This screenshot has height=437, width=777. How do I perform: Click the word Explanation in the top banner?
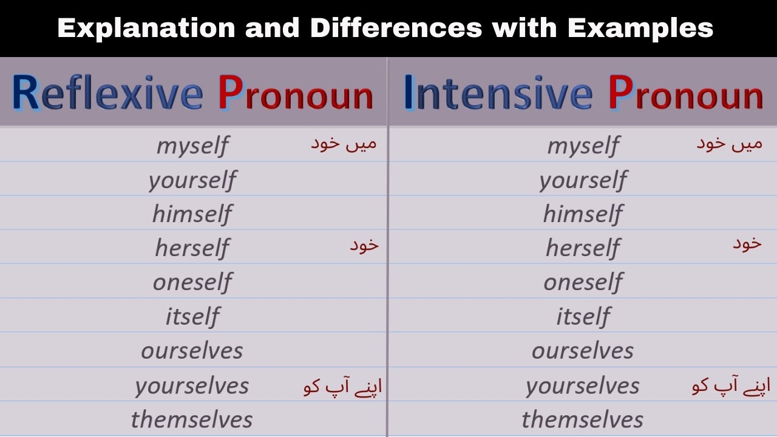(145, 29)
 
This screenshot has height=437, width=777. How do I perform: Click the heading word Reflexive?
(107, 94)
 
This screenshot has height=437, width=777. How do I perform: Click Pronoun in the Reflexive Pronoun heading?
(296, 94)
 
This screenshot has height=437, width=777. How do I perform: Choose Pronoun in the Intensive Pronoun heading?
(685, 94)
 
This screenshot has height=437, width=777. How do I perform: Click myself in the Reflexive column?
(192, 146)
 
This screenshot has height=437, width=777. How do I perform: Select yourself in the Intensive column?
(583, 180)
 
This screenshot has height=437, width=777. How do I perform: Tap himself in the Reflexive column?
(192, 214)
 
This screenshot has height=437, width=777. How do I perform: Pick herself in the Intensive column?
(583, 248)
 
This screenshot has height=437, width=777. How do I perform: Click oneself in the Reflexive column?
(192, 282)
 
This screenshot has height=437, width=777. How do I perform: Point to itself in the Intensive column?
(583, 316)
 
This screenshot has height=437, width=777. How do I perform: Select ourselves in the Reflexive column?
(192, 350)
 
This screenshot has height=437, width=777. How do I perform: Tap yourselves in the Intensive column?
(583, 385)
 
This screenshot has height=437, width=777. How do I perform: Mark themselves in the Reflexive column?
(192, 419)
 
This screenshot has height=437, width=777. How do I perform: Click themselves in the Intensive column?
(583, 419)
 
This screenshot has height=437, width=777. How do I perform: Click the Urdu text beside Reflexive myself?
(344, 144)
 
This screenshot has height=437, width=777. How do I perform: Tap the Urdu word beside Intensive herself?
(747, 244)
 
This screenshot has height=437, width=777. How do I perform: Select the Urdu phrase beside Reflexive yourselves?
(342, 386)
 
